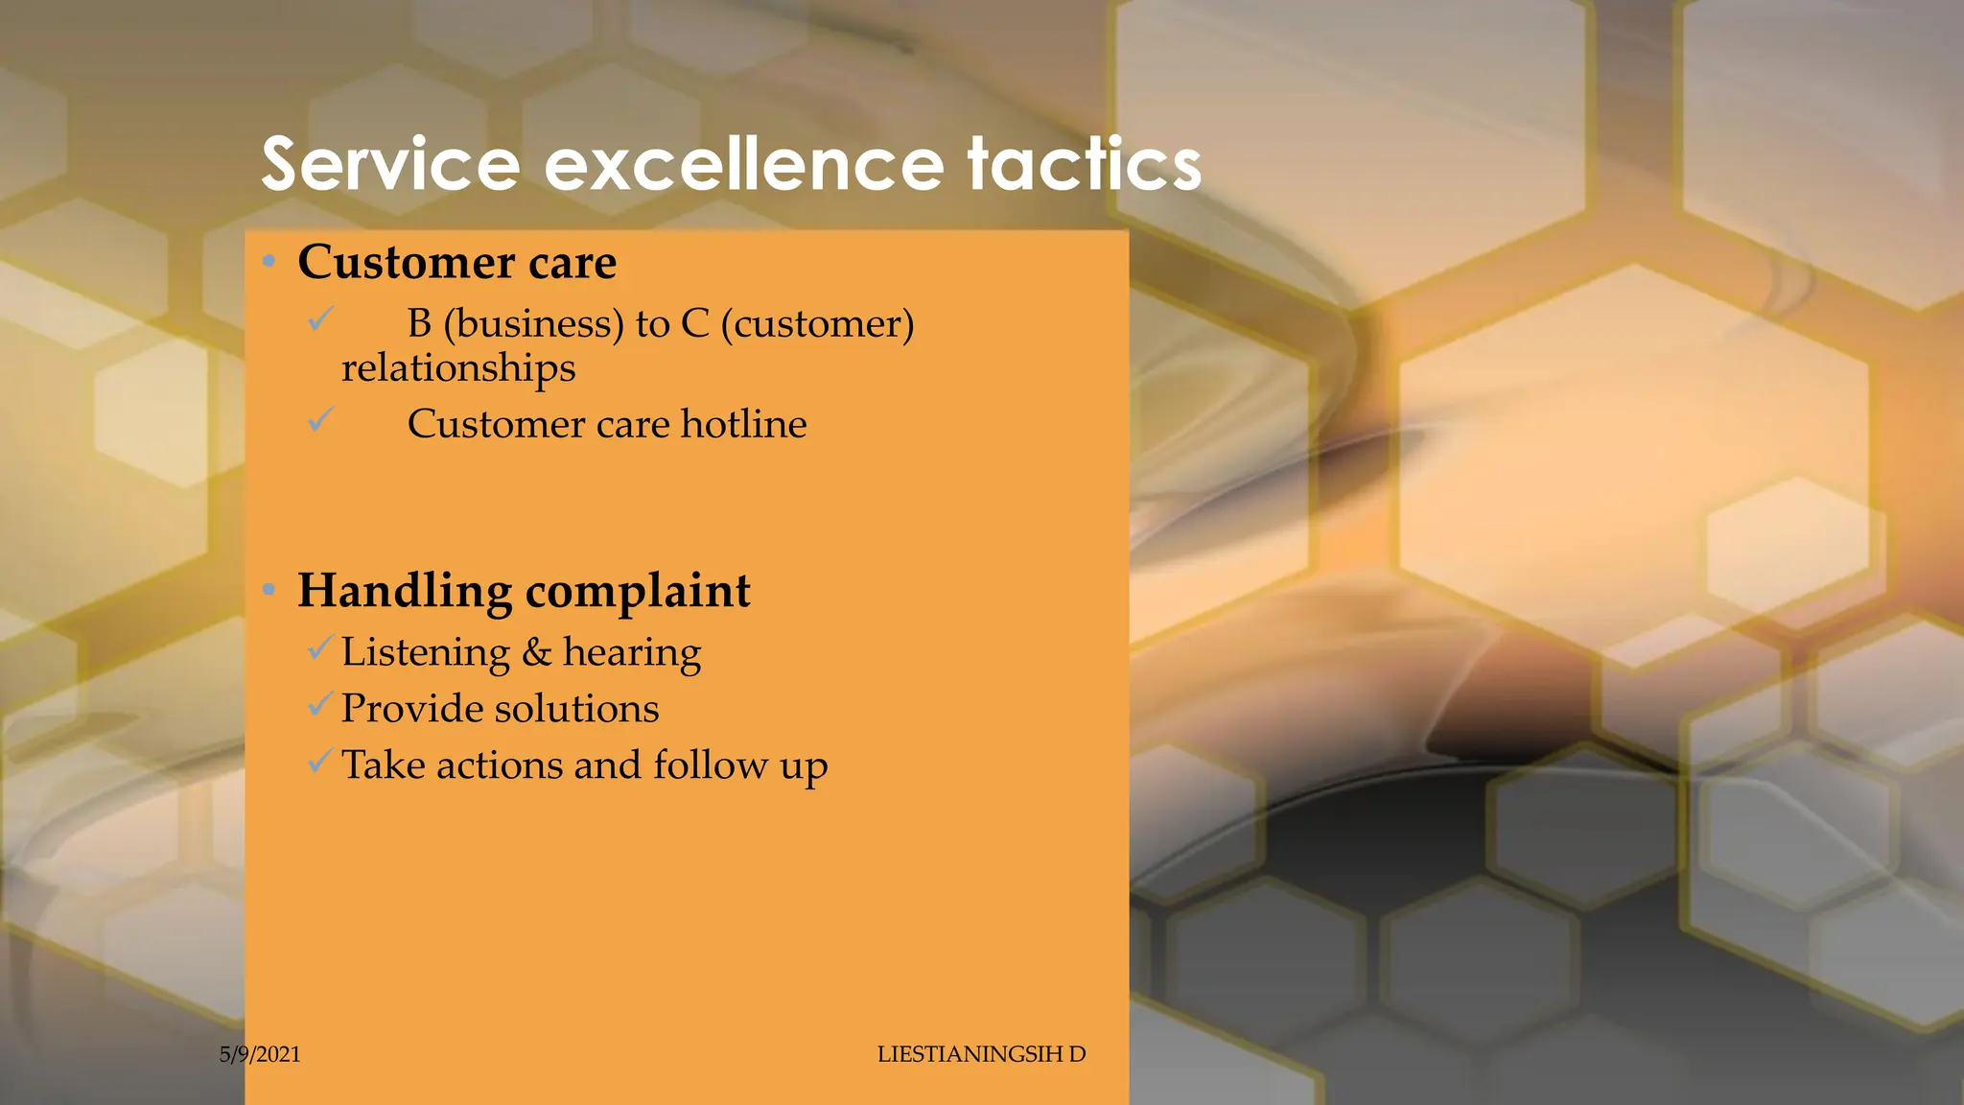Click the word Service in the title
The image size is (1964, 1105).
tap(390, 164)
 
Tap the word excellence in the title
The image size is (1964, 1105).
tap(744, 164)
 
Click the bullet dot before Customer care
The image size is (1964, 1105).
tap(269, 261)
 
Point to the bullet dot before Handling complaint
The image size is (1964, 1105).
tap(269, 589)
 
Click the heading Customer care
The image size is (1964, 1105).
tap(456, 262)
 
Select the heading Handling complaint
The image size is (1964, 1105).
tap(524, 590)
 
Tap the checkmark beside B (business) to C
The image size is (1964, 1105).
tap(320, 318)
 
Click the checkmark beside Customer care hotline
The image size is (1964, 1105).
tap(320, 419)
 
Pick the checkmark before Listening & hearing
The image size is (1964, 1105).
tap(320, 648)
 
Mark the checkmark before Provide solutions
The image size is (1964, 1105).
tap(320, 705)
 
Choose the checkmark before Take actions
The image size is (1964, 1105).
tap(320, 762)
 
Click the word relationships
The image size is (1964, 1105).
tap(458, 368)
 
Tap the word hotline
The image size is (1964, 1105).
tap(743, 424)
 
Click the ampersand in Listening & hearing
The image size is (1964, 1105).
tap(536, 652)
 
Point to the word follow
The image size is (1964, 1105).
tap(711, 765)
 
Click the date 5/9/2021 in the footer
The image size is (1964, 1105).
tap(260, 1054)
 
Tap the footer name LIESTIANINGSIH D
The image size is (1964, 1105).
tap(981, 1054)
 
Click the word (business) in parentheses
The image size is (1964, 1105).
tap(534, 324)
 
